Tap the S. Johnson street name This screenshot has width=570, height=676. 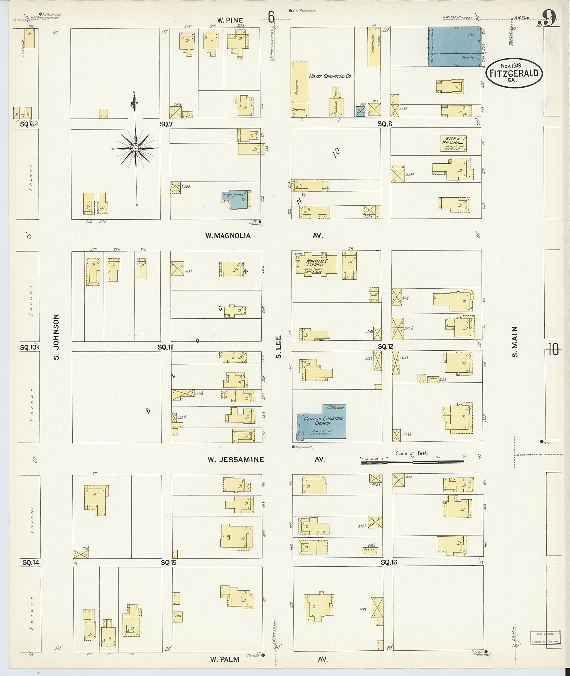point(57,337)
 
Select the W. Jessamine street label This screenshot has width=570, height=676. point(236,459)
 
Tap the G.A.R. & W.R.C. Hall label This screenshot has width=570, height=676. point(454,143)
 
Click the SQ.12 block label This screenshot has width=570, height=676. point(386,347)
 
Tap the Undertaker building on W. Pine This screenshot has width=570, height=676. point(374,47)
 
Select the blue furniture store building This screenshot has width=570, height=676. point(454,47)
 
